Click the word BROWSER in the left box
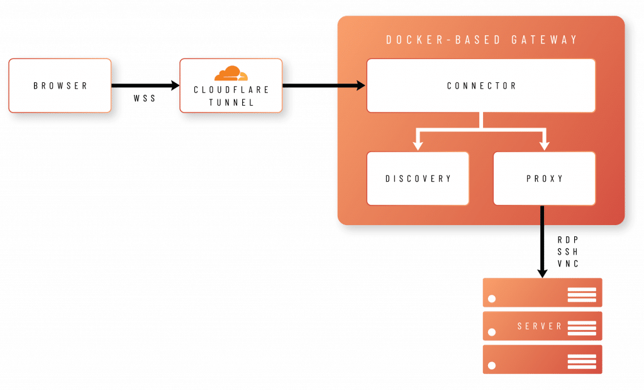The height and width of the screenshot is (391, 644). pyautogui.click(x=60, y=85)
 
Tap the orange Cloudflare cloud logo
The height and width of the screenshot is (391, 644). pyautogui.click(x=231, y=74)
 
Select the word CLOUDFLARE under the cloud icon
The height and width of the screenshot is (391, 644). pyautogui.click(x=231, y=90)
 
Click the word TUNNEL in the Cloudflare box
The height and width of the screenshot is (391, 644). pyautogui.click(x=231, y=102)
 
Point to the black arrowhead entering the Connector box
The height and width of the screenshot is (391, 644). pyautogui.click(x=360, y=85)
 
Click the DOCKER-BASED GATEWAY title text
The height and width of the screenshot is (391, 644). pyautogui.click(x=481, y=40)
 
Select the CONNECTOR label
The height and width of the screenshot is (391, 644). pyautogui.click(x=481, y=85)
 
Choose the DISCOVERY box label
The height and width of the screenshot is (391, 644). pyautogui.click(x=418, y=179)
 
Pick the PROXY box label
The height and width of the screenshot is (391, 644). pyautogui.click(x=544, y=179)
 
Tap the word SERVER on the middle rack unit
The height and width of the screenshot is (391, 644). pyautogui.click(x=540, y=326)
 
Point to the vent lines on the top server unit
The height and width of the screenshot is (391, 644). pyautogui.click(x=581, y=294)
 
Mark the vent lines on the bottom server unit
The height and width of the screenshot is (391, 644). pyautogui.click(x=581, y=361)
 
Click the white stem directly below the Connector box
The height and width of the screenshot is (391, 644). pyautogui.click(x=481, y=121)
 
